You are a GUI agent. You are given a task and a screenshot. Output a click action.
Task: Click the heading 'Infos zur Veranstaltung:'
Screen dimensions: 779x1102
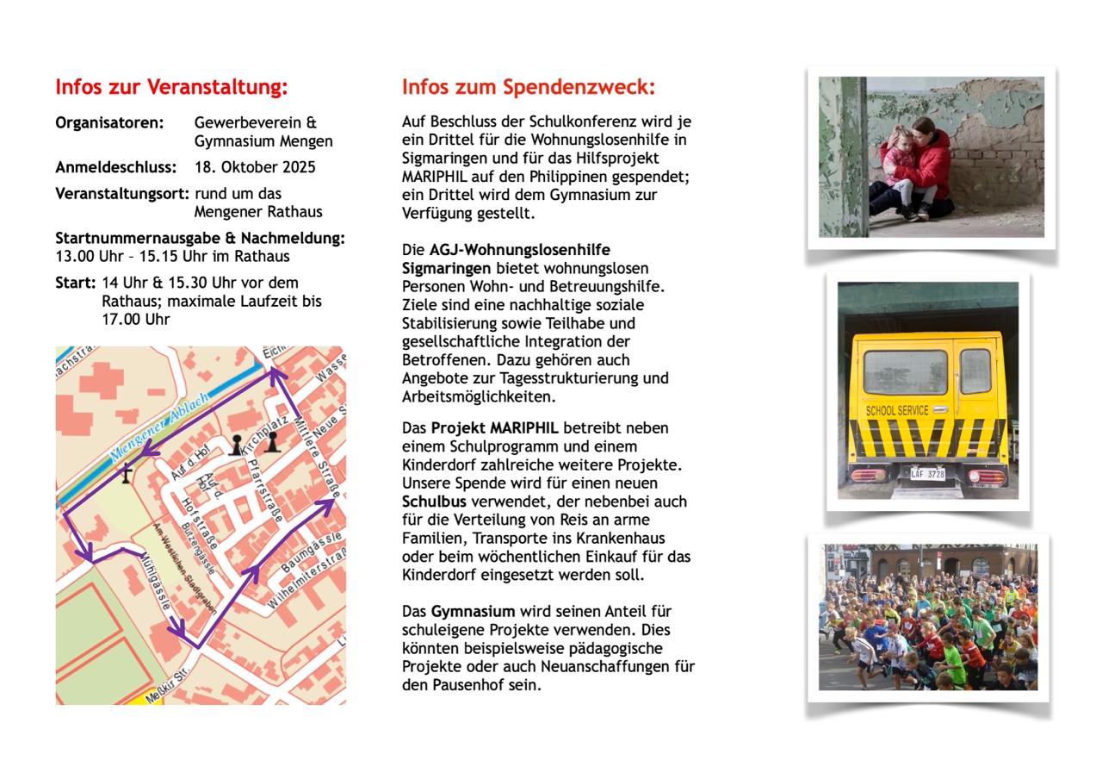(171, 87)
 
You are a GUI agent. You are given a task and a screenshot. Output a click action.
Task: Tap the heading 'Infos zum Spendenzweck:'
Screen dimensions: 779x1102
(529, 87)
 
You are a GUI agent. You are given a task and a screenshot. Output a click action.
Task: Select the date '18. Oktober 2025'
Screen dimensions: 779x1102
(255, 167)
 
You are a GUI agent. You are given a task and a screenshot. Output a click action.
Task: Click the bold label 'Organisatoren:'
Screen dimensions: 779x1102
(109, 122)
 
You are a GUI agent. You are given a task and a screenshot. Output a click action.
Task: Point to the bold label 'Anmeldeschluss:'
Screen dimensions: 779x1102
(115, 167)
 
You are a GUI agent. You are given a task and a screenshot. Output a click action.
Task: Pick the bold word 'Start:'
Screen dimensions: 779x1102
(75, 283)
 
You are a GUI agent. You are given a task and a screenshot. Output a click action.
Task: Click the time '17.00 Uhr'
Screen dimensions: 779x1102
(135, 319)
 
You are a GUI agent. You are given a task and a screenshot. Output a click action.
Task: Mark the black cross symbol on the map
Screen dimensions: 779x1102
(127, 472)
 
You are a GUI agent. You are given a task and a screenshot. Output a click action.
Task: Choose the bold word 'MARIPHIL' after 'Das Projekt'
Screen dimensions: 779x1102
(524, 427)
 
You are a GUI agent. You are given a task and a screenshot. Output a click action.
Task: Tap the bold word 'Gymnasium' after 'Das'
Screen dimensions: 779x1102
(473, 612)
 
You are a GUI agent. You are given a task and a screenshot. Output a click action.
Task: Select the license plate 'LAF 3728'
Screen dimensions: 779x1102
(927, 474)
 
